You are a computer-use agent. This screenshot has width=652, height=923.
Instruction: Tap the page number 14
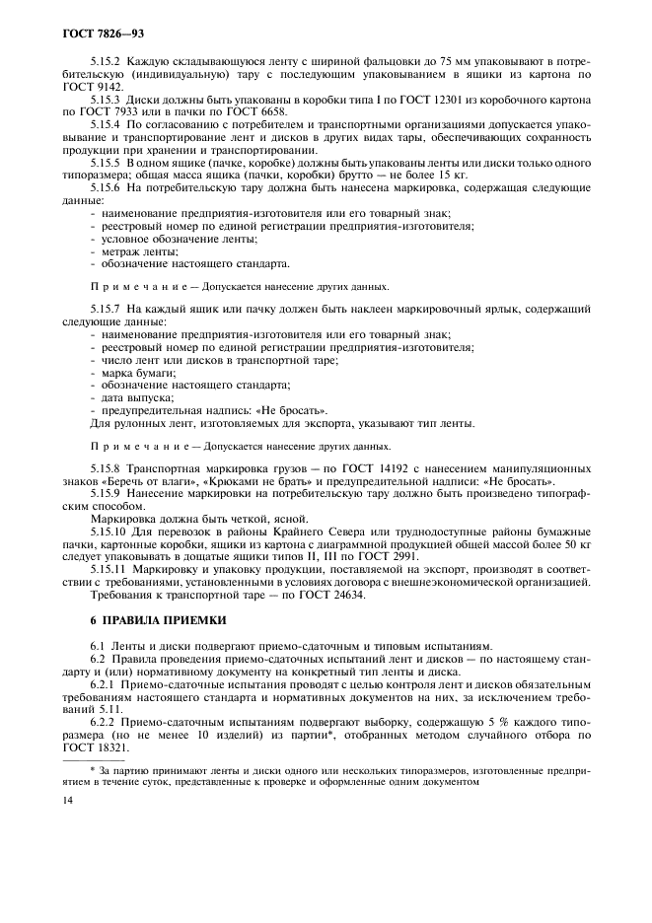(66, 803)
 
